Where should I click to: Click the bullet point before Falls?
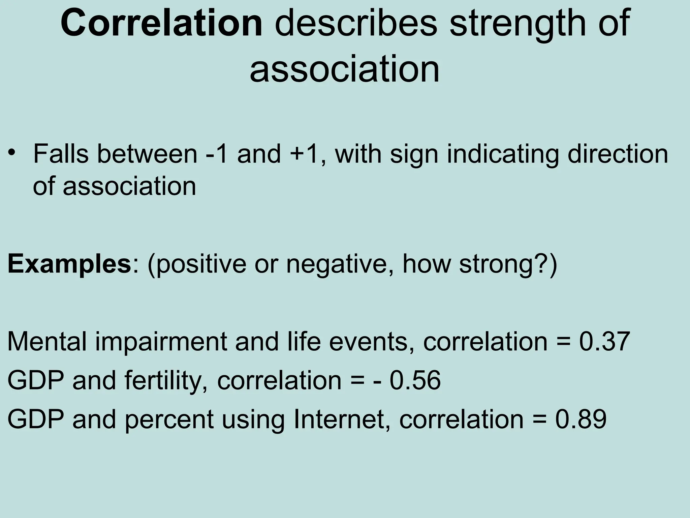click(x=12, y=152)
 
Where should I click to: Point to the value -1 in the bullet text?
click(x=217, y=154)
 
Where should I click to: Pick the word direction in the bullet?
click(x=618, y=154)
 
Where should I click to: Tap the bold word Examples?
click(x=69, y=265)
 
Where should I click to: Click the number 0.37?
click(x=604, y=342)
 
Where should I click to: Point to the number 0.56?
click(x=415, y=380)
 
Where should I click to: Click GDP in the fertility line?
click(x=35, y=380)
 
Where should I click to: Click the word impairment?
click(x=161, y=342)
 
